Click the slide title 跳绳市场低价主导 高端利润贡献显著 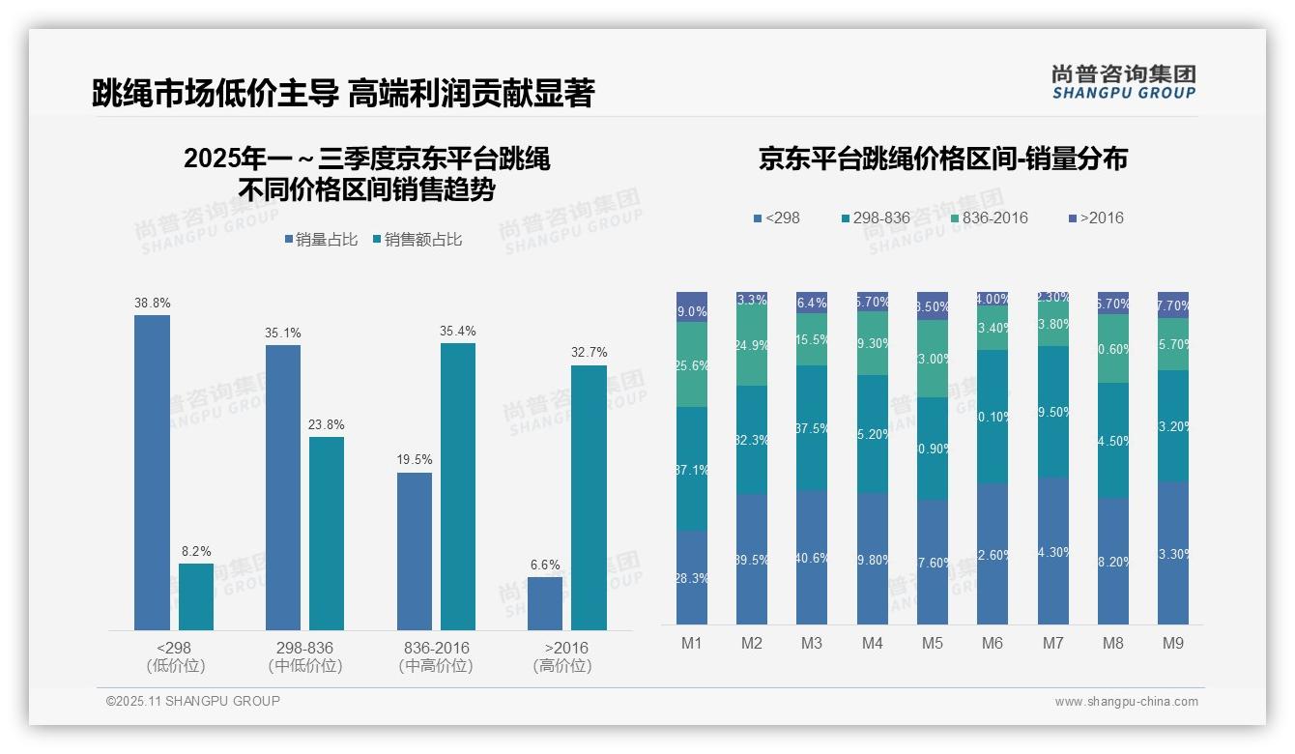pos(342,94)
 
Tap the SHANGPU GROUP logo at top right pos(1123,81)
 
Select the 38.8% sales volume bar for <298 pos(152,473)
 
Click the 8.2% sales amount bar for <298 pos(196,596)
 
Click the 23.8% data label pos(327,424)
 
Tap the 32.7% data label pos(589,353)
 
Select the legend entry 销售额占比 pos(417,240)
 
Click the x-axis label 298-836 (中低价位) pos(304,656)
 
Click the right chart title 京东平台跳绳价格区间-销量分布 pos(942,159)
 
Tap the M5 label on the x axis pos(932,643)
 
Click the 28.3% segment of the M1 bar pos(692,577)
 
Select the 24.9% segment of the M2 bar pos(752,345)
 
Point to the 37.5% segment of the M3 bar pos(812,428)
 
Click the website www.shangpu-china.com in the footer pos(1126,702)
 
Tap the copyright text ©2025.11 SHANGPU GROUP pos(193,701)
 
